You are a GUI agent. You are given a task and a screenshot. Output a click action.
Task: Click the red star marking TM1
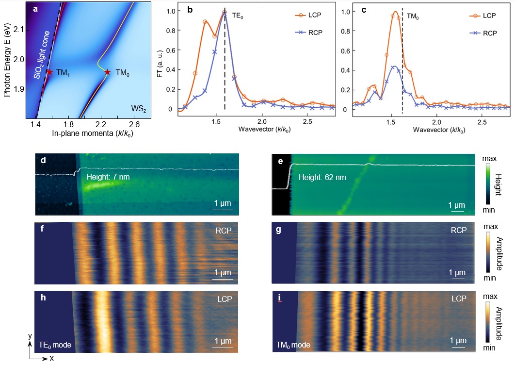point(49,72)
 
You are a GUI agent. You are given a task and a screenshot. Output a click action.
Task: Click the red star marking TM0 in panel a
point(108,72)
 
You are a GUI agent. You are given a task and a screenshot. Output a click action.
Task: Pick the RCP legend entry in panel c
point(489,33)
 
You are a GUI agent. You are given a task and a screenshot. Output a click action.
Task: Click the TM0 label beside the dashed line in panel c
point(413,16)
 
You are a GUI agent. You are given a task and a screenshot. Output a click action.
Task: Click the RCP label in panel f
point(224,231)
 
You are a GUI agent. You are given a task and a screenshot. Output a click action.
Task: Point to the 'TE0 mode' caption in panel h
point(55,345)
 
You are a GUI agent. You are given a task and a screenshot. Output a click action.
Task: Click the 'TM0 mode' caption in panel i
point(293,346)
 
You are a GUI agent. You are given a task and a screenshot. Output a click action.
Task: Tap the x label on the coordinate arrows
point(50,358)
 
